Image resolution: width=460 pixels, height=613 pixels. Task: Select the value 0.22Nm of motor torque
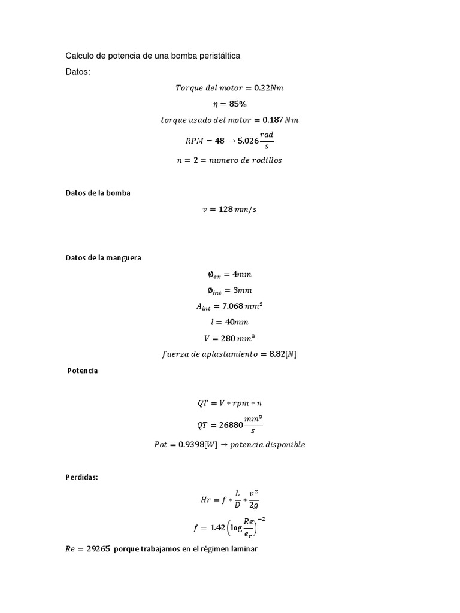pos(268,88)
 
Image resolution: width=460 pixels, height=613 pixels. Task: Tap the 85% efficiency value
pos(238,104)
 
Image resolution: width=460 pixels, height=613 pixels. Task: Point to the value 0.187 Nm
pos(280,120)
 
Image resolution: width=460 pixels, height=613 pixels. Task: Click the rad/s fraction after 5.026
pos(267,140)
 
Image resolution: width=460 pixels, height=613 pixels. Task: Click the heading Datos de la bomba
pos(98,193)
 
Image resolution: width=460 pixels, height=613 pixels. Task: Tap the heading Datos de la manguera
pos(103,258)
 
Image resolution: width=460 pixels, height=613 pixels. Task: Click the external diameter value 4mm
pos(242,274)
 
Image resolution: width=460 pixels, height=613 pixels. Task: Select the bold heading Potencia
pos(83,371)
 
